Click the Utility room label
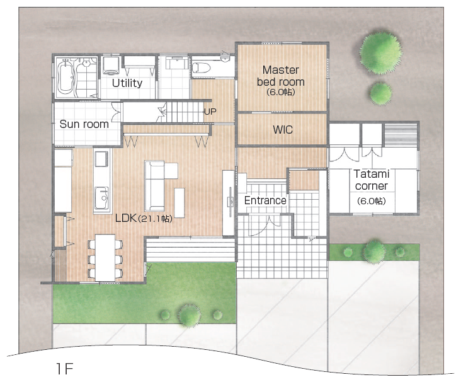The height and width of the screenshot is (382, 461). click(127, 83)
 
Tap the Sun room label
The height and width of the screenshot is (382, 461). click(84, 124)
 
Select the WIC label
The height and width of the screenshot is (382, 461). click(283, 130)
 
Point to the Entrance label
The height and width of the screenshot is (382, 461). click(265, 200)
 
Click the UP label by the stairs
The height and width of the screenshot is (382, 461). click(210, 112)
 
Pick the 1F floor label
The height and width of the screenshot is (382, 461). click(64, 369)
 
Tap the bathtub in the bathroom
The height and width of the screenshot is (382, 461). click(65, 76)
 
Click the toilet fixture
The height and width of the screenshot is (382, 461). click(201, 68)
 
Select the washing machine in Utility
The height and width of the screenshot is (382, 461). click(111, 66)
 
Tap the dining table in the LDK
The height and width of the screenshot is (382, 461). click(105, 258)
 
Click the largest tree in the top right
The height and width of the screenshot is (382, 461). click(381, 54)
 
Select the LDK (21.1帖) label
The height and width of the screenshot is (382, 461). click(144, 218)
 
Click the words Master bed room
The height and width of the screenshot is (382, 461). click(280, 76)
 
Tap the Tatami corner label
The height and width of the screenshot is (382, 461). click(372, 180)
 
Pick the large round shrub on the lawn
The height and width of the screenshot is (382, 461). click(190, 315)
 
